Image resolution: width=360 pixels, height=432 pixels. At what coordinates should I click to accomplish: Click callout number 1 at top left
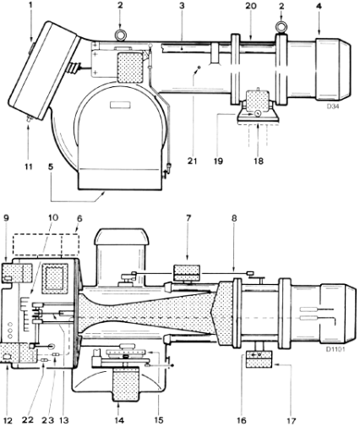pos(30,6)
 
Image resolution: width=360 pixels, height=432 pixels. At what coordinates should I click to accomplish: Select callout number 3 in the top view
pos(182,6)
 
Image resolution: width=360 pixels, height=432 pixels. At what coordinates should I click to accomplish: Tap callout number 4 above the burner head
pos(319,6)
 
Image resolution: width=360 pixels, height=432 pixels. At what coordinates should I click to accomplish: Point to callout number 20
pos(250,6)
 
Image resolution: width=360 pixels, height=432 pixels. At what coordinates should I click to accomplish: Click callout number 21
pos(193,161)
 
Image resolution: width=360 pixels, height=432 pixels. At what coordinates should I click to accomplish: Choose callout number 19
pos(218,161)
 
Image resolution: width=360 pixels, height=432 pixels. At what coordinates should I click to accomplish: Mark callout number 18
pos(259,161)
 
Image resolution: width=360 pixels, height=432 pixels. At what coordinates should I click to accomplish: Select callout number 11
pos(28,167)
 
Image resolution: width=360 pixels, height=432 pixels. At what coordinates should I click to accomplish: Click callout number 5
pos(51,167)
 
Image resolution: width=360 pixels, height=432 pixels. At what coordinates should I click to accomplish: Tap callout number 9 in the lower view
pos(6,218)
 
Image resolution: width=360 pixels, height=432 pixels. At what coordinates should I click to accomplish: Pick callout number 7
pos(188,218)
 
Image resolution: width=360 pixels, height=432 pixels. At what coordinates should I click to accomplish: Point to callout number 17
pos(291,421)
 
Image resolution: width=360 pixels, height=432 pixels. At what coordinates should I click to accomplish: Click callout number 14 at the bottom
pos(119,420)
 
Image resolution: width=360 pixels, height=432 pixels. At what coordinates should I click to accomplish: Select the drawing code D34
pos(333,107)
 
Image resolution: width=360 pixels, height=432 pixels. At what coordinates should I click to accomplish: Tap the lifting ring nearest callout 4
pos(281,26)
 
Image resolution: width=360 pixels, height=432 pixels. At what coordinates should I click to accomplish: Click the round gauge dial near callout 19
pos(258,114)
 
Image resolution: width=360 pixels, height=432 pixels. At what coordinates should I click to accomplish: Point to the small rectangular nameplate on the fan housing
pos(121,105)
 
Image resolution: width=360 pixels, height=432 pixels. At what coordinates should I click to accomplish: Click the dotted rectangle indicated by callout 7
pos(187,273)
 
